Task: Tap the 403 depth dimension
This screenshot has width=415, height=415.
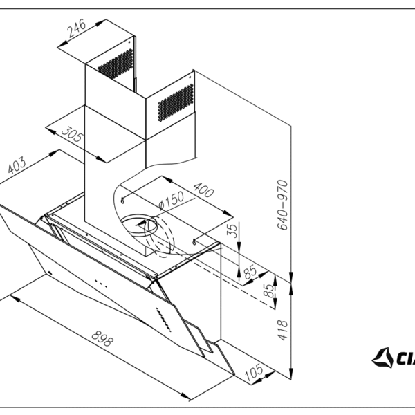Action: coord(17,166)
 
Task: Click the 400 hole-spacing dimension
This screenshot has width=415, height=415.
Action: coord(203,190)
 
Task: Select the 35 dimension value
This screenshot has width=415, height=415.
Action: coord(233,230)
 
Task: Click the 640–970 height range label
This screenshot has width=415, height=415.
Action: coord(282,205)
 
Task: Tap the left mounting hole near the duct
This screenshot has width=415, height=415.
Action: coord(123,200)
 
